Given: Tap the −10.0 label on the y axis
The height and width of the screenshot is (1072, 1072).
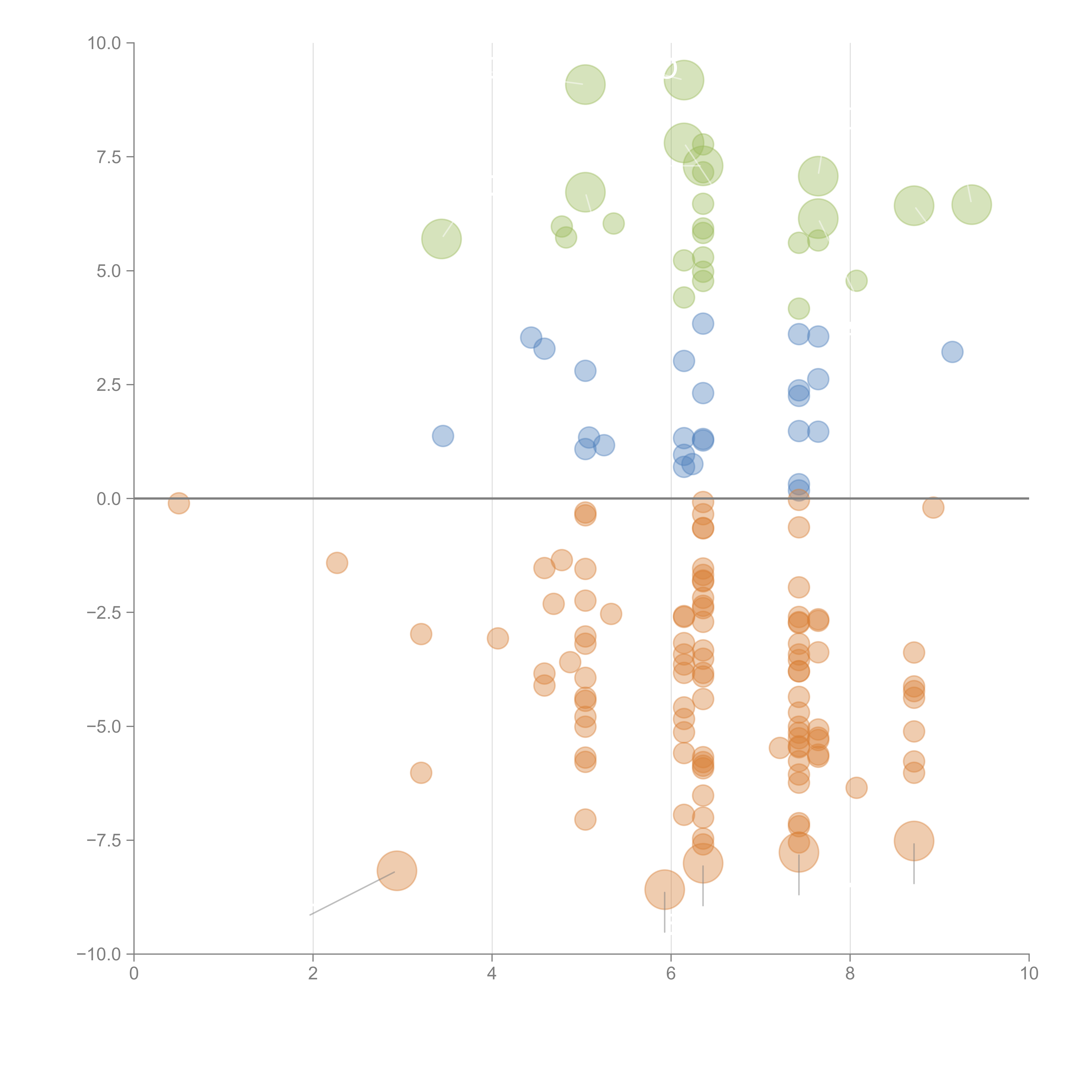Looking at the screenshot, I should coord(99,954).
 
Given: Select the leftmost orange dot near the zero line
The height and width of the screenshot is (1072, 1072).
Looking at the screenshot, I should coord(179,503).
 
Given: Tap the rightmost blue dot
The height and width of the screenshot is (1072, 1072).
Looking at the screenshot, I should coord(952,352).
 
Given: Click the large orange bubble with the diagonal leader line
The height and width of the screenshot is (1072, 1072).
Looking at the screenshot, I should coord(397,871).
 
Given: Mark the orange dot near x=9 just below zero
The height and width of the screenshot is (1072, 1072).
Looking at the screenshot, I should coord(933,507).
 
